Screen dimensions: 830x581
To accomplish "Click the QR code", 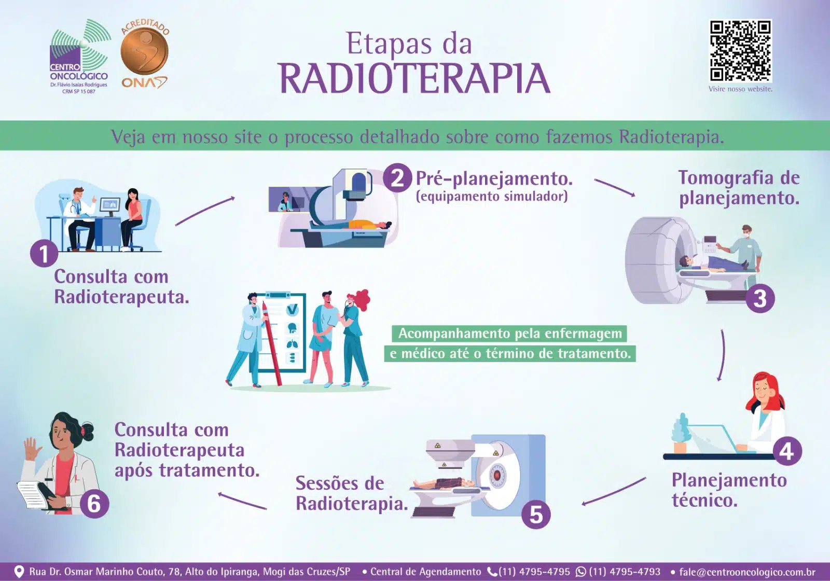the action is pos(740,51).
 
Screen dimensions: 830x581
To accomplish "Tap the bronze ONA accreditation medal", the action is pos(145,52).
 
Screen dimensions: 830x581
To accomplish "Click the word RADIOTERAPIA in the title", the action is pos(414,78).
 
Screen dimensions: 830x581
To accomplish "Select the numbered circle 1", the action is pos(44,254).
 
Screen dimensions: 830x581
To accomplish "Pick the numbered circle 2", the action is pos(397,178).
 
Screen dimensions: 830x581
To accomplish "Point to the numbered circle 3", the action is pos(760,298).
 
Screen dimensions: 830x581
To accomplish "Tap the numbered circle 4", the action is pos(787,451).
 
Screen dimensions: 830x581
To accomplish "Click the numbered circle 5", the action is pos(536,515).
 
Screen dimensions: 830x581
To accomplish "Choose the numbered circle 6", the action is pos(94,504).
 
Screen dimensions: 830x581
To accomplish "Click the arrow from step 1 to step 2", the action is pos(205,211).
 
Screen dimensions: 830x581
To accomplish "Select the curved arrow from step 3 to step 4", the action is pos(723,355).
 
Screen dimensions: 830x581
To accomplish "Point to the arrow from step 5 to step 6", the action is pos(242,501).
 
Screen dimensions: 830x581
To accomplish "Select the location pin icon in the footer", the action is pos(19,571).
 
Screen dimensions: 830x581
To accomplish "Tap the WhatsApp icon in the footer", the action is pos(581,572).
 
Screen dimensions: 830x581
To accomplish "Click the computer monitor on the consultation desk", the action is pos(110,205).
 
